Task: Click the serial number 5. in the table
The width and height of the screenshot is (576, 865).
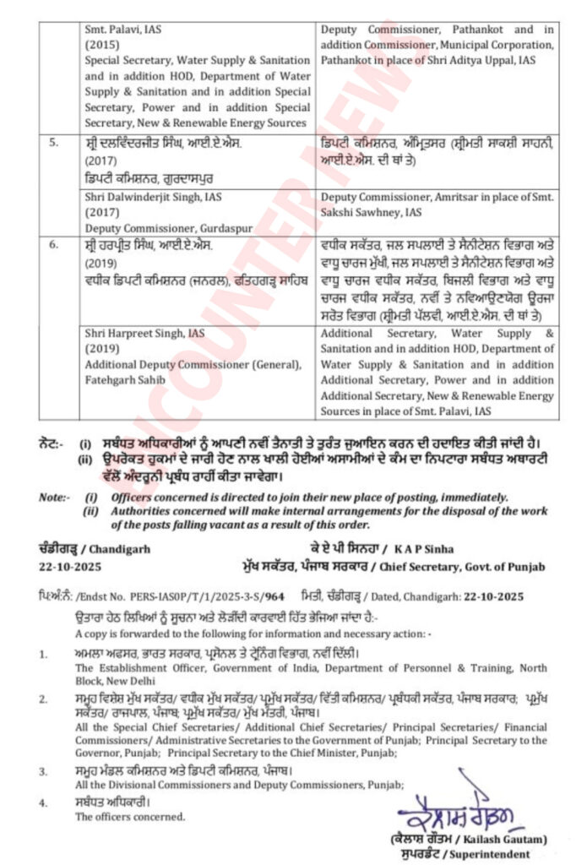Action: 53,143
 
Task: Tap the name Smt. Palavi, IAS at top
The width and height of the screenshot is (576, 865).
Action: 124,29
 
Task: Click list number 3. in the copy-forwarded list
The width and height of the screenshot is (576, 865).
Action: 43,770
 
